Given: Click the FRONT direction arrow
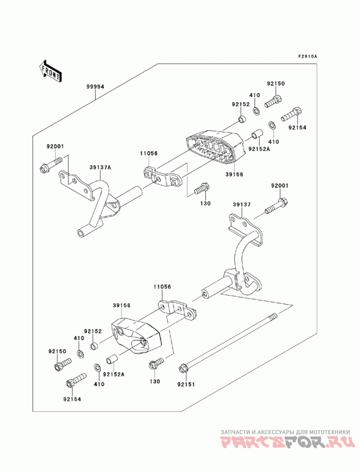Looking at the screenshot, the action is point(50,71).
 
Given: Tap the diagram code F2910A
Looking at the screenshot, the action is point(308,56).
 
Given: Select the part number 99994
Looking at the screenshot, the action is point(95,87).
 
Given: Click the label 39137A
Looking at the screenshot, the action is point(100,167).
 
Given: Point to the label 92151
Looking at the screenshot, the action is point(186,384).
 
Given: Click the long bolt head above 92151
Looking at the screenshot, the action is point(183,369).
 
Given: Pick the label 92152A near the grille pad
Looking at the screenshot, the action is point(259,148).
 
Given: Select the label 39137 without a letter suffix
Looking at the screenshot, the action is point(242,205).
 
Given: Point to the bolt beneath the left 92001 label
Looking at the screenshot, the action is point(51,164).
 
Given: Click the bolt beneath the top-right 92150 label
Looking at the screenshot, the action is point(273,101).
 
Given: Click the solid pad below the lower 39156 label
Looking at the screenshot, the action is point(137,336).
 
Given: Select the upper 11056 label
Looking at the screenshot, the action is point(148,153).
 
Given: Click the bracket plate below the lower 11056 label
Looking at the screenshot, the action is point(177,310).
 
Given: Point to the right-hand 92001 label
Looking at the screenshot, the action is point(279,186).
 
